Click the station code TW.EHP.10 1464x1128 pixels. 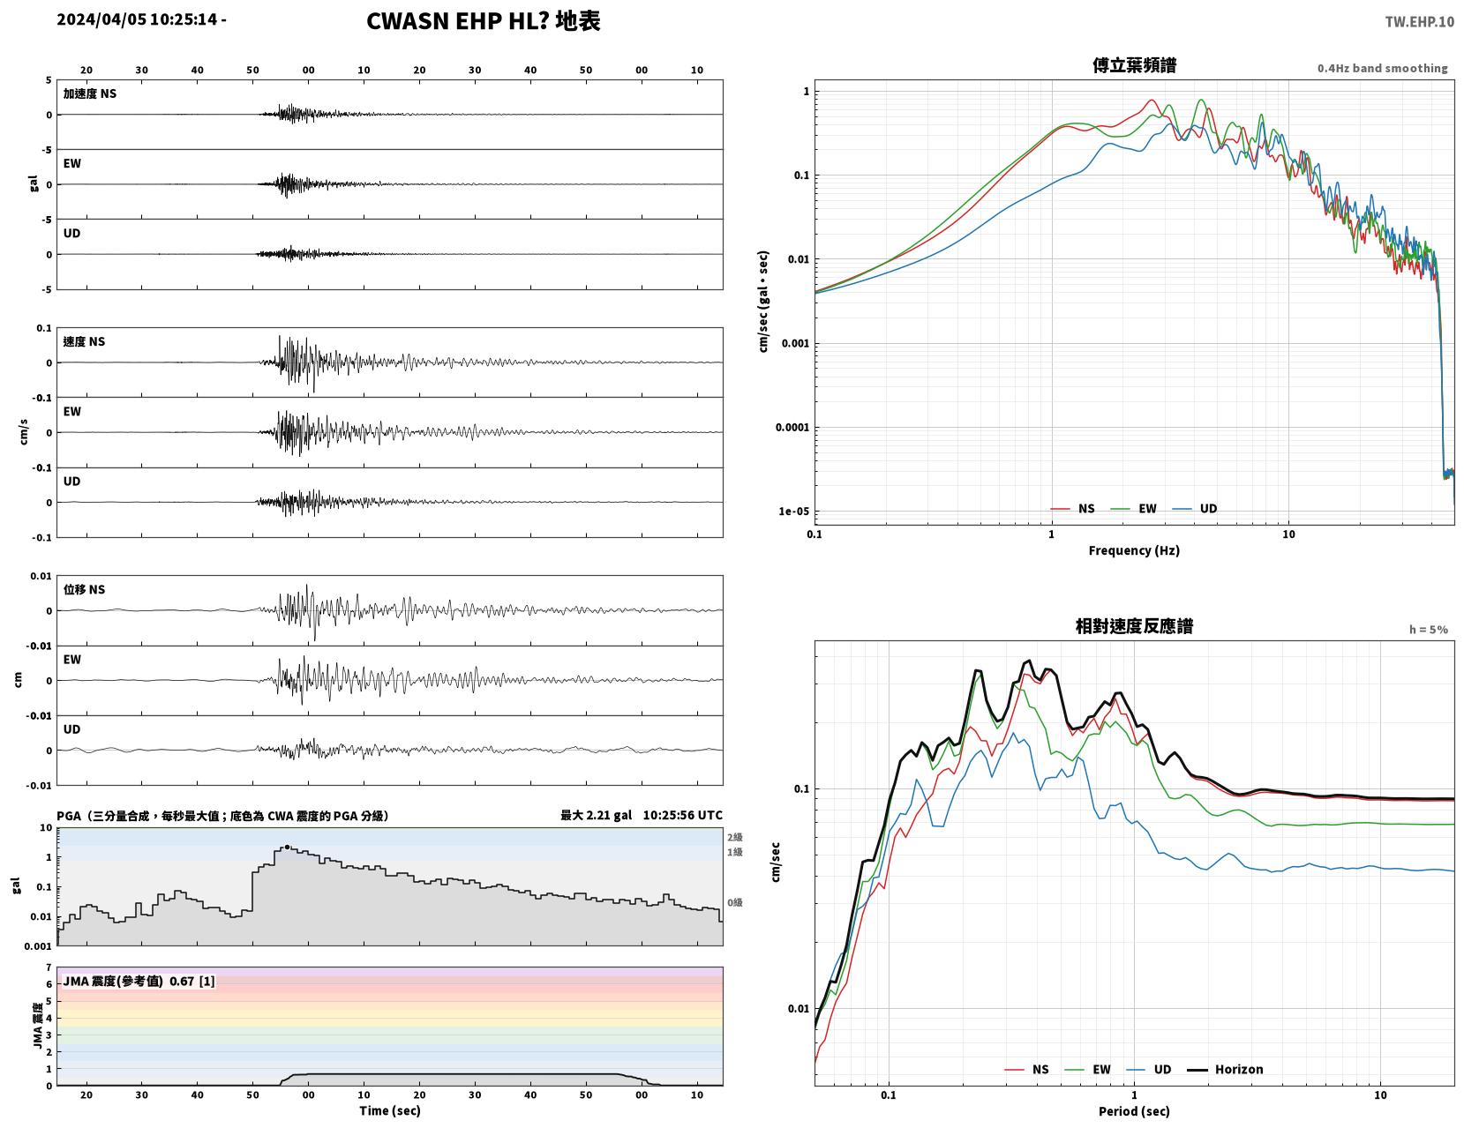pyautogui.click(x=1419, y=21)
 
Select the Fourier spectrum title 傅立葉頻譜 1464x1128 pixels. pyautogui.click(x=1134, y=65)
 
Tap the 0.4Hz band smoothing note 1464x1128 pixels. pyautogui.click(x=1382, y=68)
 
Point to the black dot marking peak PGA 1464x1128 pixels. pyautogui.click(x=287, y=848)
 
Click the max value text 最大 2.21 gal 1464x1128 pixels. pyautogui.click(x=596, y=815)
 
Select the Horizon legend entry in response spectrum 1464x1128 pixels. pyautogui.click(x=1225, y=1069)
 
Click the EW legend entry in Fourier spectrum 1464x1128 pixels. pyautogui.click(x=1133, y=508)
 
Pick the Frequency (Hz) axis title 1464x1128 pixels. pyautogui.click(x=1134, y=549)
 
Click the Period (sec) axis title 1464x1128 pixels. pyautogui.click(x=1134, y=1110)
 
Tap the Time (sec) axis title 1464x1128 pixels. pyautogui.click(x=389, y=1110)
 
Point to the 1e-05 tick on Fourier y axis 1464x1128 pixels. pyautogui.click(x=793, y=511)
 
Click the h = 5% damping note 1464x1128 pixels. pyautogui.click(x=1428, y=630)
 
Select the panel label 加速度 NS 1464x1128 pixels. pyautogui.click(x=90, y=93)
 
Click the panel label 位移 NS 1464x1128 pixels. pyautogui.click(x=84, y=589)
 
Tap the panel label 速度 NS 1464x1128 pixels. pyautogui.click(x=84, y=342)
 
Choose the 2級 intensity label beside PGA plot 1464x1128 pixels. pyautogui.click(x=734, y=837)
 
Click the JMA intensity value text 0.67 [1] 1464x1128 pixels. pyautogui.click(x=192, y=982)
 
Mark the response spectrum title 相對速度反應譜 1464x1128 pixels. pyautogui.click(x=1134, y=626)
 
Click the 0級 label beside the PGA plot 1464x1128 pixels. pyautogui.click(x=734, y=902)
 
